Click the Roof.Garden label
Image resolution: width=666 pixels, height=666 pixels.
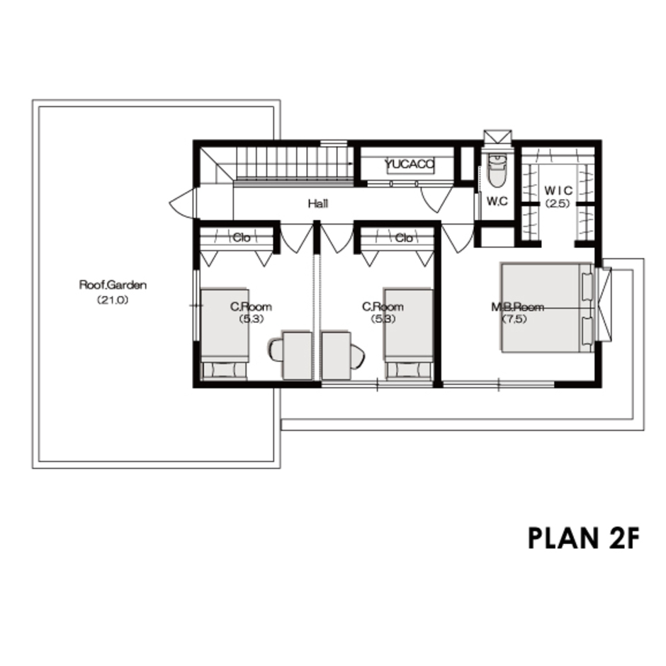point(113,286)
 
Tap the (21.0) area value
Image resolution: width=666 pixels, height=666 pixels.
point(113,300)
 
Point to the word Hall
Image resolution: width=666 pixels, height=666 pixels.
point(318,203)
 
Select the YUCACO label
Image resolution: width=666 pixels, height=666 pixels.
point(410,164)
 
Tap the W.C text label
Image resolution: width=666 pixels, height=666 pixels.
point(497,201)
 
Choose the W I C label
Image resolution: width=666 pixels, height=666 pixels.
point(558,191)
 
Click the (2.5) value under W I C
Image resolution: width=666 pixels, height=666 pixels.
point(558,203)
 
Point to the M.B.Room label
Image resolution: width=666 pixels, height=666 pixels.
point(518,307)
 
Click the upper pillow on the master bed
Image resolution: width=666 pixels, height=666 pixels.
point(587,286)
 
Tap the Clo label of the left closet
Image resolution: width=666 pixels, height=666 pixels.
point(242,238)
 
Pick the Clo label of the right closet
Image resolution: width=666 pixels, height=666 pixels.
point(404,238)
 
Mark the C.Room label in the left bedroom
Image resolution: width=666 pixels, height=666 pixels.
point(252,307)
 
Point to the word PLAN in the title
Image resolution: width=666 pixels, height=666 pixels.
point(563,538)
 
